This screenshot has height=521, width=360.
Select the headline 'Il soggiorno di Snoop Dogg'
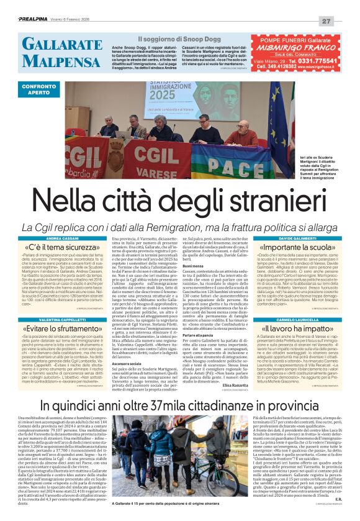point(176,39)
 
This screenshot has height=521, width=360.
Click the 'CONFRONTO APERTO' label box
point(39,88)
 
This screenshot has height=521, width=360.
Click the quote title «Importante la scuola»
point(296,247)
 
